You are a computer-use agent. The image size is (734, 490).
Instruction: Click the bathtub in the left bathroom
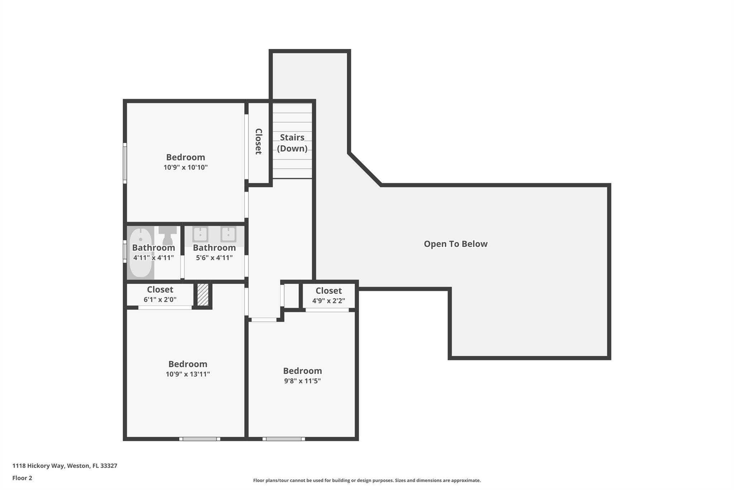click(140, 252)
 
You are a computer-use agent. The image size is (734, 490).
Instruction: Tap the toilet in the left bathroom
click(168, 235)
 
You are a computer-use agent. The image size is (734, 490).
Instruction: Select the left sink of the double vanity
click(200, 234)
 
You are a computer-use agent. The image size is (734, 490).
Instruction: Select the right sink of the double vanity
click(228, 234)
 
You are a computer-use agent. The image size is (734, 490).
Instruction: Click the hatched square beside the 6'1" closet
click(203, 295)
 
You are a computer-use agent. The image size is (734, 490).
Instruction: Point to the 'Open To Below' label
click(456, 244)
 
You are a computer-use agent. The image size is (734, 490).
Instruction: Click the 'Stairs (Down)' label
click(292, 143)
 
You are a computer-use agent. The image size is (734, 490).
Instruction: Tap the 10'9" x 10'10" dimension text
click(186, 167)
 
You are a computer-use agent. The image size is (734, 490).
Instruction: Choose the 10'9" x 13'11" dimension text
click(188, 374)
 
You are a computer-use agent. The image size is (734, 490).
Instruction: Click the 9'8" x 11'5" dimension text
click(302, 381)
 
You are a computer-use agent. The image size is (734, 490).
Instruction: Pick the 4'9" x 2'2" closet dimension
click(329, 301)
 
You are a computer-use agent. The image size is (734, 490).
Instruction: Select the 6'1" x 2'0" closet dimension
click(160, 299)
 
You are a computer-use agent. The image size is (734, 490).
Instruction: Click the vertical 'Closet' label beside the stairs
click(258, 141)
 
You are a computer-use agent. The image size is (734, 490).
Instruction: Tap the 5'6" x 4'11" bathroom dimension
click(214, 257)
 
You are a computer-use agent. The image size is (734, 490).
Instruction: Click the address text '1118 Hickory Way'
click(38, 466)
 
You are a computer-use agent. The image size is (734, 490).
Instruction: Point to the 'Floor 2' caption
click(22, 478)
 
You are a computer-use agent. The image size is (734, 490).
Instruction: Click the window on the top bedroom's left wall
click(125, 163)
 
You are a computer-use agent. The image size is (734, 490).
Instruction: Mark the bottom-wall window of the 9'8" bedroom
click(283, 439)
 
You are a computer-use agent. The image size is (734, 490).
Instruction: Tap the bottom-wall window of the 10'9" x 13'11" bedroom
click(200, 439)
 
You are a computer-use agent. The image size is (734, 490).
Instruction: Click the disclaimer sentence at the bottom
click(367, 480)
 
